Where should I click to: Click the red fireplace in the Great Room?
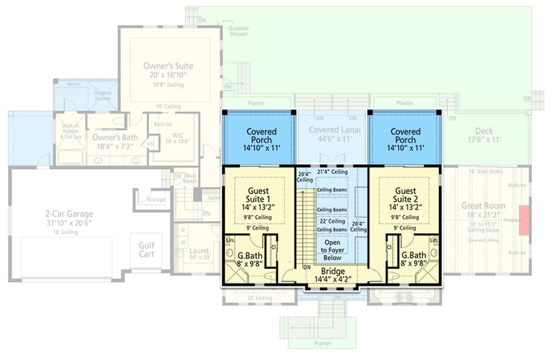coord(524,220)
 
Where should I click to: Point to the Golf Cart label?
coord(147,250)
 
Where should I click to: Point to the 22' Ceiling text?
coord(332,221)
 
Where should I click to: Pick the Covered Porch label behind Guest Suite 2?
coord(406,136)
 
